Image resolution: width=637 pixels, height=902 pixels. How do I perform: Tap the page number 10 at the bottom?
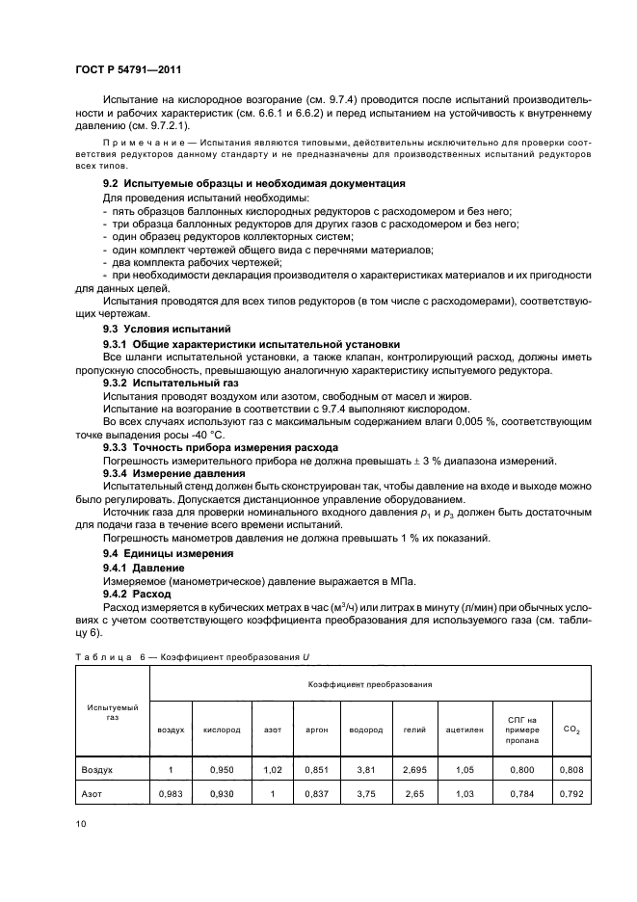click(79, 822)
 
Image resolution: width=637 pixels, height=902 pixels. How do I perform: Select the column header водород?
click(366, 730)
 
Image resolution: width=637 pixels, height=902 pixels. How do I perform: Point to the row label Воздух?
click(97, 771)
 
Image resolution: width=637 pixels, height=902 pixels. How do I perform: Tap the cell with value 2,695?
click(413, 771)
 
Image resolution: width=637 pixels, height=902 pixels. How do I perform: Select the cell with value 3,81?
click(366, 771)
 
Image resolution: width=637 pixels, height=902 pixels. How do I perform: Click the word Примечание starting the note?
click(141, 143)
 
